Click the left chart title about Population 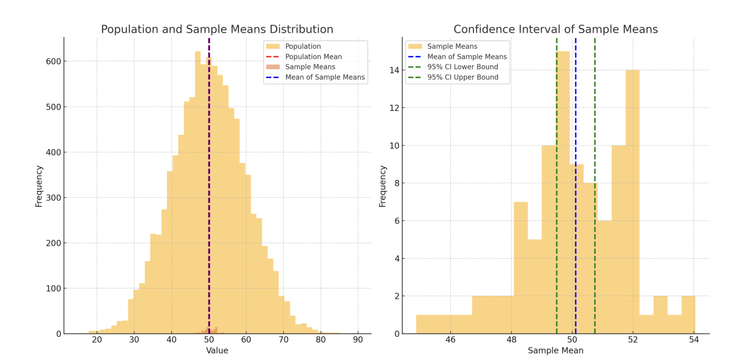tap(217, 30)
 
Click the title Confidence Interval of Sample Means tap(556, 30)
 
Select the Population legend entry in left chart tap(303, 46)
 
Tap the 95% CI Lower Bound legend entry tap(463, 67)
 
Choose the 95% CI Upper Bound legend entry tap(463, 77)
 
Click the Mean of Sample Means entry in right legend tap(467, 57)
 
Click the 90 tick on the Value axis tap(358, 340)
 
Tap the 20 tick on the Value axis tap(97, 340)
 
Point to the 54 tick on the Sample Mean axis tap(694, 340)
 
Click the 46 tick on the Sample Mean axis tap(450, 340)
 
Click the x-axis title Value tap(217, 351)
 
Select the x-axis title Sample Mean tap(556, 351)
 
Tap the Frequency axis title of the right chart tap(383, 186)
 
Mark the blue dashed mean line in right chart tap(575, 238)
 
